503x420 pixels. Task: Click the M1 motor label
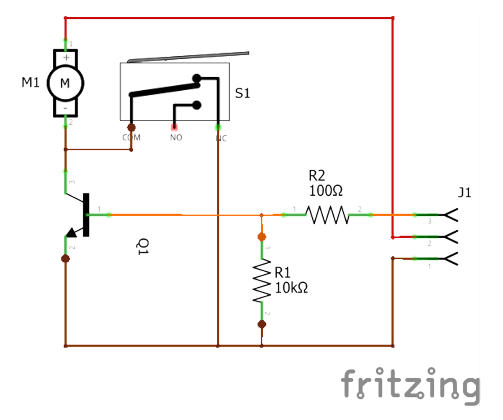click(31, 83)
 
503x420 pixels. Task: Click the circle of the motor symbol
click(65, 83)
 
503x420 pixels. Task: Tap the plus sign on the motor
click(65, 57)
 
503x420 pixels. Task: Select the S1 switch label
click(242, 93)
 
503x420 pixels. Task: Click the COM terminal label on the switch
click(131, 137)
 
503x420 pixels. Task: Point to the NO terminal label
click(176, 137)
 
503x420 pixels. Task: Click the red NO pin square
click(174, 127)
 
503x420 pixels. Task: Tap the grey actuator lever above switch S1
click(189, 57)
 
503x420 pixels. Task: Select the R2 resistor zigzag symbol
click(327, 215)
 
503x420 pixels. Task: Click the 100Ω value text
click(326, 191)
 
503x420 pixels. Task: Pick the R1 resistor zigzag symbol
click(262, 281)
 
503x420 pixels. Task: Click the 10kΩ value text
click(291, 288)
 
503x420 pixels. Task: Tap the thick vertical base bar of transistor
click(86, 215)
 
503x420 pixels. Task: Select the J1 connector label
click(464, 193)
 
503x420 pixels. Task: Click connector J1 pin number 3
click(429, 221)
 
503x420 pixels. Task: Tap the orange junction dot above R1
click(262, 237)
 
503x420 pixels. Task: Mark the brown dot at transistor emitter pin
click(65, 258)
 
